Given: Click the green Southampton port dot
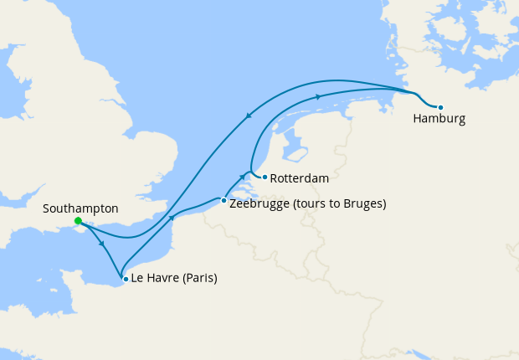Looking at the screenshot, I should coord(77,221).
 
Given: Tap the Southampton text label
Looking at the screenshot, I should coord(80,208).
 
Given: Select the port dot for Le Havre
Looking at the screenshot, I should coord(125,279).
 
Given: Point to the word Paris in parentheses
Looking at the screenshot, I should coord(199,279).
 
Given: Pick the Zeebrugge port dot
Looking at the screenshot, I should coord(224,201).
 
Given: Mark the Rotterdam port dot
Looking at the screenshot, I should coord(265,177).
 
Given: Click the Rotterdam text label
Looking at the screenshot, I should coord(300,178).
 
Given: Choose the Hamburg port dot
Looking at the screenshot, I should coord(440,107).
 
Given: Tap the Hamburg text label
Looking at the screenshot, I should coord(439,120).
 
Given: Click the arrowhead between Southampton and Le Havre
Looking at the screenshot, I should coord(102,244).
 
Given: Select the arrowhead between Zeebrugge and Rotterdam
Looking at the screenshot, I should coord(243,177).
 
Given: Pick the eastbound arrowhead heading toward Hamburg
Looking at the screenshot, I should coord(319,97).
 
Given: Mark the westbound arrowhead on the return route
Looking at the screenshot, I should coord(248,117).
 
